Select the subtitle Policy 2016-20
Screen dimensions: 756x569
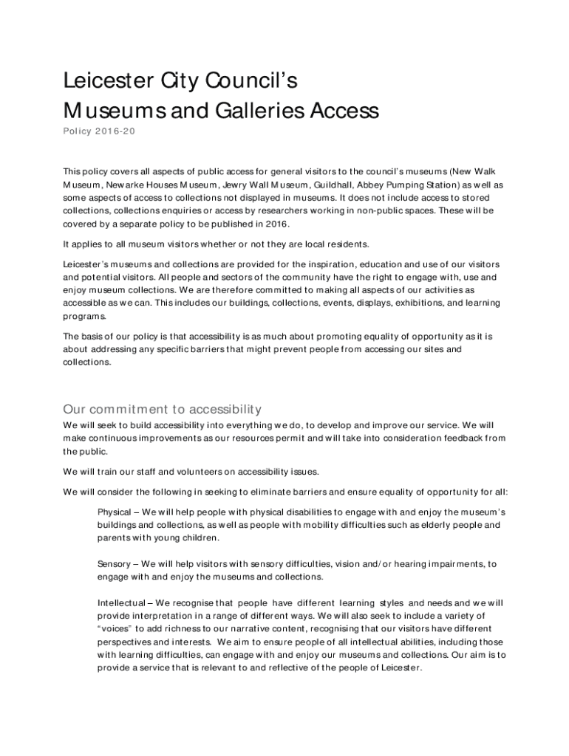click(x=99, y=131)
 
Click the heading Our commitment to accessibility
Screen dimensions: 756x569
click(x=163, y=409)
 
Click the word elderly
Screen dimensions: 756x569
click(x=426, y=525)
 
